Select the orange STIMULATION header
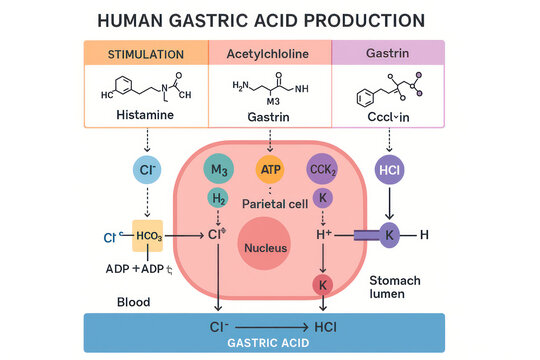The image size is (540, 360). pyautogui.click(x=146, y=54)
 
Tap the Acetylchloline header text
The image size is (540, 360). pyautogui.click(x=269, y=54)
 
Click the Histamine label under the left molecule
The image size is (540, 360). pyautogui.click(x=146, y=116)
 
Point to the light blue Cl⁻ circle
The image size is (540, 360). pyautogui.click(x=147, y=170)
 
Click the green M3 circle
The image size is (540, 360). pyautogui.click(x=218, y=170)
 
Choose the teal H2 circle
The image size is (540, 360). pyautogui.click(x=218, y=198)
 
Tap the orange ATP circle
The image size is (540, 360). pyautogui.click(x=271, y=170)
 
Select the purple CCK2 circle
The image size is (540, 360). pyautogui.click(x=323, y=170)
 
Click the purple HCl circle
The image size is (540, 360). pyautogui.click(x=388, y=170)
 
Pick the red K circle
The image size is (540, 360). pyautogui.click(x=323, y=285)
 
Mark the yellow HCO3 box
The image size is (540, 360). pyautogui.click(x=148, y=236)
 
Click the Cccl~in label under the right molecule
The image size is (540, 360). pyautogui.click(x=389, y=116)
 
